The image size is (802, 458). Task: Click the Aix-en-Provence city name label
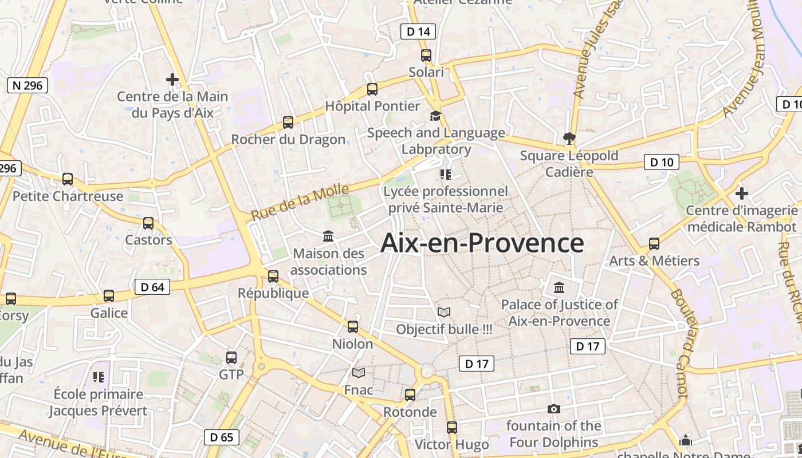(x=482, y=243)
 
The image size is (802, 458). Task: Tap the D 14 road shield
(x=418, y=31)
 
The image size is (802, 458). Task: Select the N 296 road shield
(x=27, y=86)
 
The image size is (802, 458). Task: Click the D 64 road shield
(x=152, y=287)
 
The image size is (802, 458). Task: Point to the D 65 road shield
(x=222, y=437)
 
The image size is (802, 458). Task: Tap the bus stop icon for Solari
(x=426, y=56)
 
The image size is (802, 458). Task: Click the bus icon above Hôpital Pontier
(x=372, y=89)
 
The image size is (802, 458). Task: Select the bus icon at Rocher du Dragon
(x=288, y=123)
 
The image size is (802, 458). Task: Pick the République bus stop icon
(x=273, y=277)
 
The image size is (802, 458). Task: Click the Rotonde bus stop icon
(x=410, y=395)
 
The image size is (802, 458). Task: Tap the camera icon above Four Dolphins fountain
(x=553, y=409)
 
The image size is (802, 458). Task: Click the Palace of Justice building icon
(x=559, y=287)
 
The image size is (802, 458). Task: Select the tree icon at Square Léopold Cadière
(x=569, y=138)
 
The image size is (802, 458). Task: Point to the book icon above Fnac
(x=359, y=373)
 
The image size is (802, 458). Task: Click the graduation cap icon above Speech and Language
(x=435, y=116)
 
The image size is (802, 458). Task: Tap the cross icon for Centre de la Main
(x=172, y=80)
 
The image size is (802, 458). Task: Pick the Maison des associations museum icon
(x=328, y=236)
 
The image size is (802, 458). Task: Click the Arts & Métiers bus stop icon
(x=654, y=244)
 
